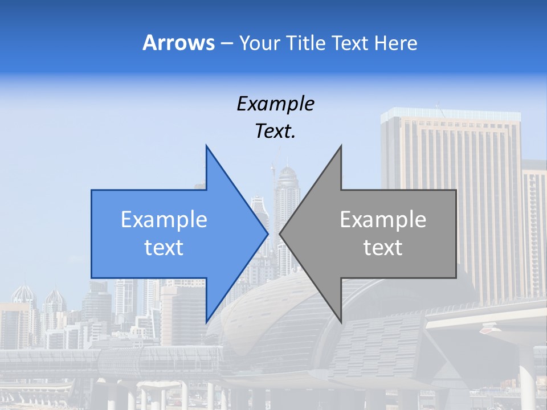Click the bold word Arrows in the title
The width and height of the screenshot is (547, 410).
point(178,43)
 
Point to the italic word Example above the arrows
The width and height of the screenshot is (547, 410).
point(275,104)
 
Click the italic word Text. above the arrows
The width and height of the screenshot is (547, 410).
point(275,132)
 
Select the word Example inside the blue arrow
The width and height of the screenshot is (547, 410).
point(164,220)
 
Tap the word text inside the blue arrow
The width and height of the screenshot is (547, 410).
point(164,248)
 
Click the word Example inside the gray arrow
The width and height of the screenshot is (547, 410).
point(383,220)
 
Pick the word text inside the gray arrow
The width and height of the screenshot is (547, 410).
point(383,248)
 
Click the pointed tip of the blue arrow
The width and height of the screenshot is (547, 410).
point(267,233)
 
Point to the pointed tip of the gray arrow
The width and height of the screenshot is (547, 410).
point(280,233)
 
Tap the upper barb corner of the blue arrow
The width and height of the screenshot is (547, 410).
point(206,146)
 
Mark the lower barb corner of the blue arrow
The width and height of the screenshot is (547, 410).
point(206,322)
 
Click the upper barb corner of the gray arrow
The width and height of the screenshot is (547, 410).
point(341,146)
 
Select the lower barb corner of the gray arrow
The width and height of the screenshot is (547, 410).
point(341,322)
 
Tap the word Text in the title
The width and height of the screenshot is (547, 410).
point(349,43)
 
